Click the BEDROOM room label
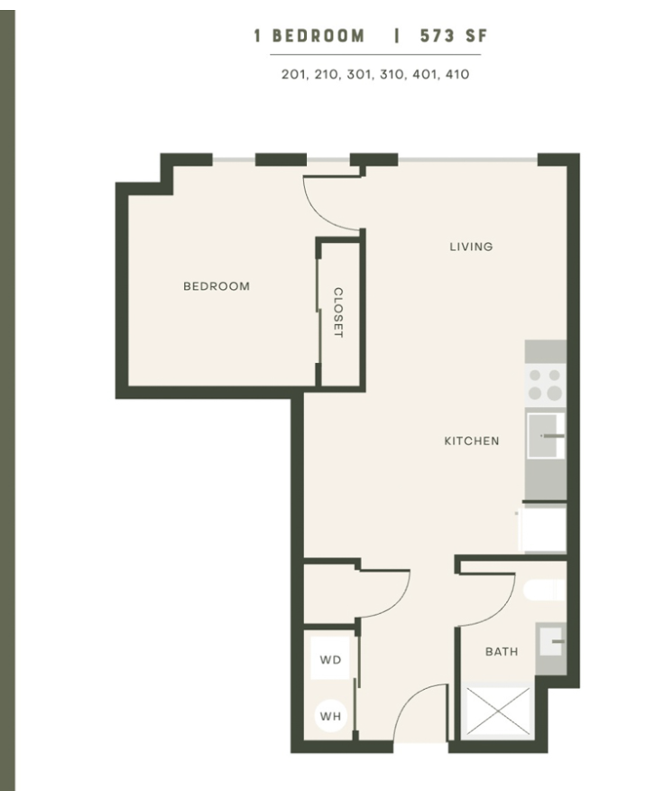217,286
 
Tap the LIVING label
471,247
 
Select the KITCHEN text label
472,441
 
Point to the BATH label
502,652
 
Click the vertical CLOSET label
338,312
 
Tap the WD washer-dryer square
330,659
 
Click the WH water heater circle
330,716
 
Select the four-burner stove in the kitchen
545,385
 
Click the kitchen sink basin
545,436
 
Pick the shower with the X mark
498,711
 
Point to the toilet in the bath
544,591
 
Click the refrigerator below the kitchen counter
543,527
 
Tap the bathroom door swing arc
499,611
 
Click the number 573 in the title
438,36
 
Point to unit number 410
457,75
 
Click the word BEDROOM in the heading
318,36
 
